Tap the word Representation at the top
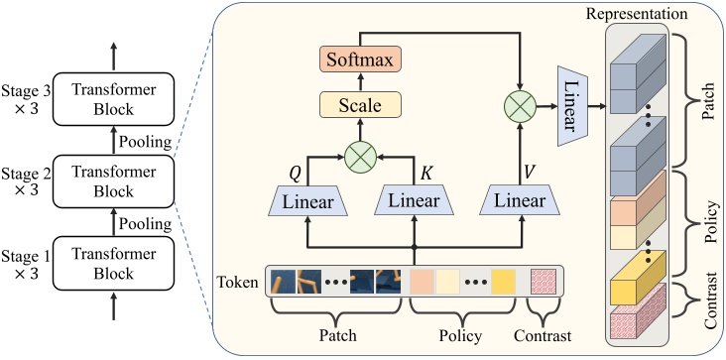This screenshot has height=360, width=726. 637,14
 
